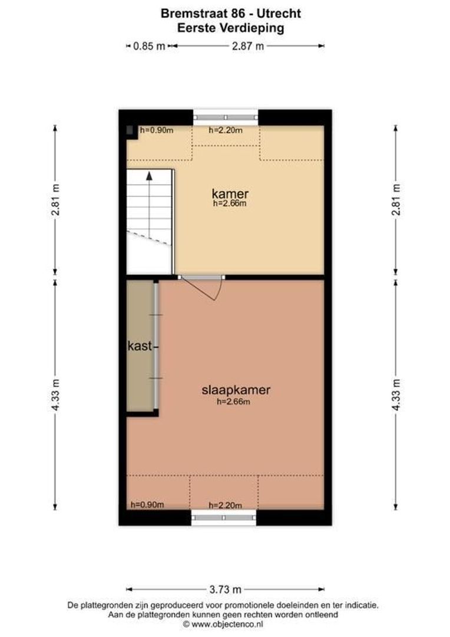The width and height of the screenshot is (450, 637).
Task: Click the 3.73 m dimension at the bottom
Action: click(226, 589)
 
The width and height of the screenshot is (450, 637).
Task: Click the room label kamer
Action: click(230, 193)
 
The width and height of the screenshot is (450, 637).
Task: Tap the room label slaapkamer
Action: click(236, 390)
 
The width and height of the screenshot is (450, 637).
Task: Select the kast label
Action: click(140, 346)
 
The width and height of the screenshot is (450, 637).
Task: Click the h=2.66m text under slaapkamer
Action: click(234, 402)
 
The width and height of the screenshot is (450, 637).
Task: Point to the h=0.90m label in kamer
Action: click(156, 130)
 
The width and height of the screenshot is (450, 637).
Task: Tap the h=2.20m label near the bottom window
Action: click(226, 505)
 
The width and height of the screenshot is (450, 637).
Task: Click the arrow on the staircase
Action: click(150, 175)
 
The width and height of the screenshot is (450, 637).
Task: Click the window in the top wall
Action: click(226, 117)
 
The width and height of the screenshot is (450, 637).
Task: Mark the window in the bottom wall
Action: click(224, 518)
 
